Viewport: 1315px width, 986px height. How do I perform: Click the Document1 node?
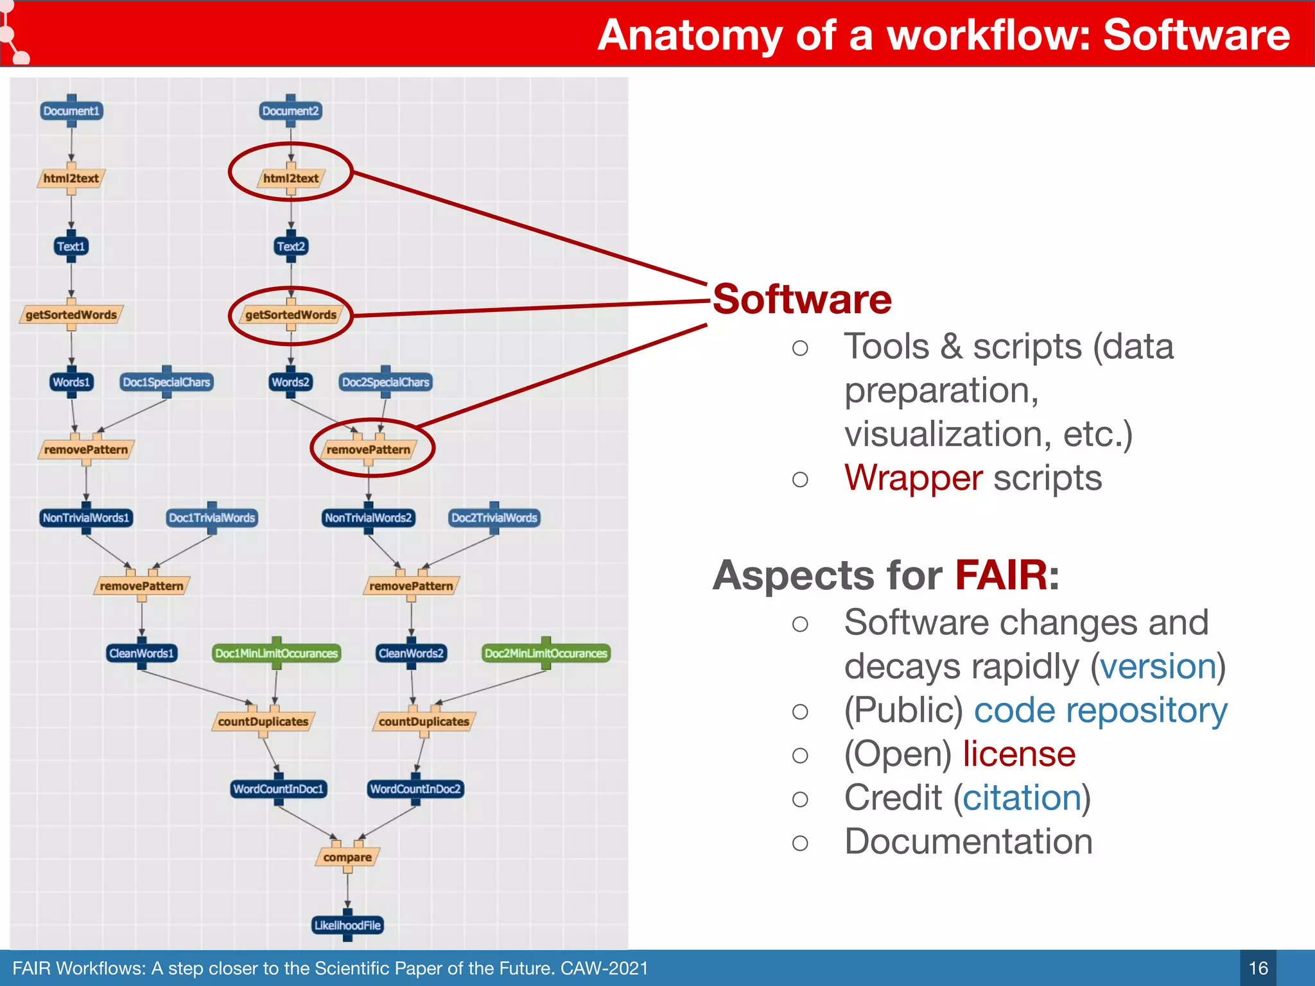pos(71,111)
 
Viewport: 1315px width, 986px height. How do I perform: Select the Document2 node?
pos(290,111)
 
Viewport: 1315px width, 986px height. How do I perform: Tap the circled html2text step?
pos(291,178)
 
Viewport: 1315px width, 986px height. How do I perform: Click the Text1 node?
pos(71,246)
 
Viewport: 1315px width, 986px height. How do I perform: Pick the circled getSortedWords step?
pos(291,315)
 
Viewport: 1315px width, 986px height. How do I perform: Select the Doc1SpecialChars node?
pos(166,382)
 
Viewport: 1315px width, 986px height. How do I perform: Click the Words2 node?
pos(290,382)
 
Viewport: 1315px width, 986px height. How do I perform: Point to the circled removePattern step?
pos(369,450)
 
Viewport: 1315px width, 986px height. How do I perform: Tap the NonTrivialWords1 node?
pos(86,517)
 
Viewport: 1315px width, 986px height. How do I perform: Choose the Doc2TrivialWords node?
pos(494,517)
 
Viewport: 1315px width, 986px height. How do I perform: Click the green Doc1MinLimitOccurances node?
pos(276,653)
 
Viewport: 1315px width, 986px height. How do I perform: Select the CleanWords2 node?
pos(411,653)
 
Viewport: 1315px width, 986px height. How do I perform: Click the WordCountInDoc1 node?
pos(278,789)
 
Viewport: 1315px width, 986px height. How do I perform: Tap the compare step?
pos(347,857)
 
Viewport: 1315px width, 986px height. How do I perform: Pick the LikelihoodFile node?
pos(347,925)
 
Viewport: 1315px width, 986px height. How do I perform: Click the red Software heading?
pos(802,299)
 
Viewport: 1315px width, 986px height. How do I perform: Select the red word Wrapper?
pos(913,478)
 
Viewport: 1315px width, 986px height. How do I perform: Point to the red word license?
pos(1019,754)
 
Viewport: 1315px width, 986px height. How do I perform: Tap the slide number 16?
pos(1258,968)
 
